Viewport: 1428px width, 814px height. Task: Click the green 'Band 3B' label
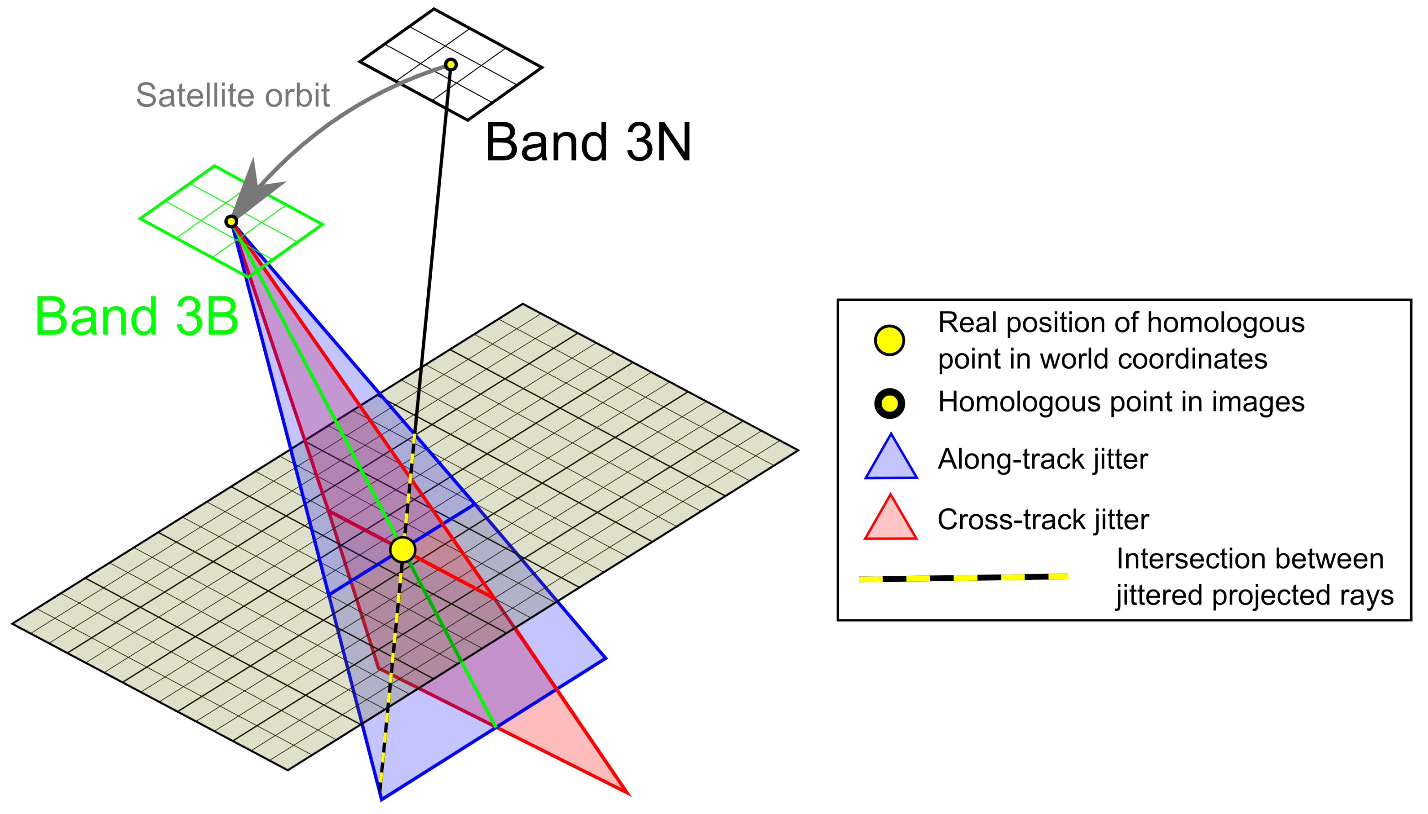point(137,317)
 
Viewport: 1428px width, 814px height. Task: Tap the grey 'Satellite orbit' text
point(233,95)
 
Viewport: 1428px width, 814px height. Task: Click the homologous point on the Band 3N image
point(450,65)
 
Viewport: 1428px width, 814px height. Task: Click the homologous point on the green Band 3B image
point(231,222)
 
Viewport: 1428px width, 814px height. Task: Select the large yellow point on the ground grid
point(403,549)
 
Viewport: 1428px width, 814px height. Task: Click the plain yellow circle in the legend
point(889,340)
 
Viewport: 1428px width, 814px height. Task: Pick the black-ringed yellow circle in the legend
point(889,403)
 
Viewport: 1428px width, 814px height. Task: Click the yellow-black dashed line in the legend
point(963,578)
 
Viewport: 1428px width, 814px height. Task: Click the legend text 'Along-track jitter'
point(1042,459)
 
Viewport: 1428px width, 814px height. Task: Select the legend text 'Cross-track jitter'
point(1043,520)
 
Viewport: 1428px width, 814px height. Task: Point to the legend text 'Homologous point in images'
point(1120,402)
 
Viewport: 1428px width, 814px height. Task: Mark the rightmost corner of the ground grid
point(797,450)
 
